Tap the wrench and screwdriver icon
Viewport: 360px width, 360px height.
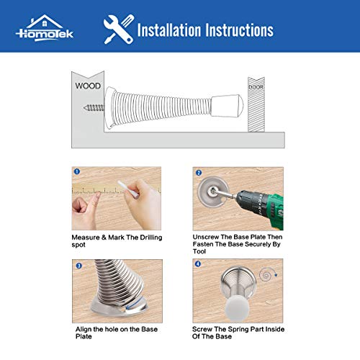[117, 30]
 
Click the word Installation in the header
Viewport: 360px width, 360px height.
[171, 30]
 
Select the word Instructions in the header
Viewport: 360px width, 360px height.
[240, 30]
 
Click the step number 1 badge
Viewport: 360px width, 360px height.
[76, 173]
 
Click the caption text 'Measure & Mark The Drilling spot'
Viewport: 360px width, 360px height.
[115, 240]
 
